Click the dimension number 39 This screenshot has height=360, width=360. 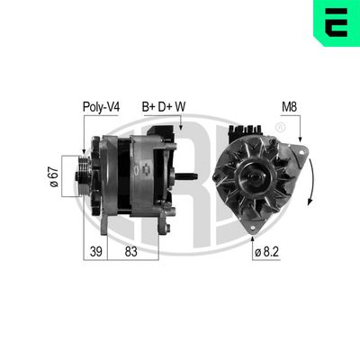pyautogui.click(x=94, y=251)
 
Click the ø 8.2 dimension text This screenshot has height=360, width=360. pyautogui.click(x=266, y=252)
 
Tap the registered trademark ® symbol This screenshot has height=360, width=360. pyautogui.click(x=280, y=129)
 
